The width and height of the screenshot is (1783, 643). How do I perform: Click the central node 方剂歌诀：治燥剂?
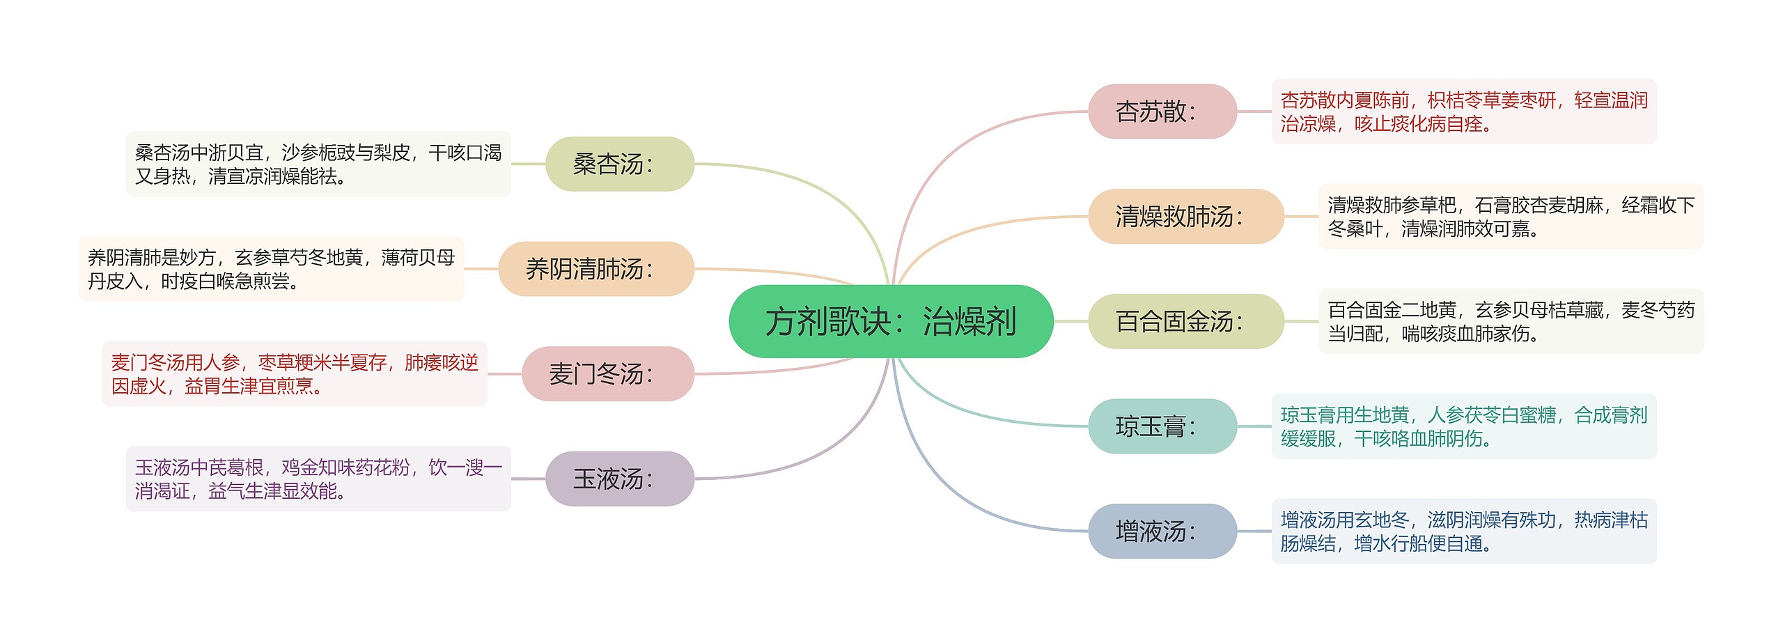click(890, 321)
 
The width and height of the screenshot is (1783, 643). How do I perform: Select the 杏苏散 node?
click(1162, 111)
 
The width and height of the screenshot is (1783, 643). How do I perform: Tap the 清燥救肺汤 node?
click(1185, 216)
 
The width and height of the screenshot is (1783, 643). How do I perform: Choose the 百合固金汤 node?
click(1185, 321)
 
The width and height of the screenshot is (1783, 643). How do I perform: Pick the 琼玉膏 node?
click(1162, 426)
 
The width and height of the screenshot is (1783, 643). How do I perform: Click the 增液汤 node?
click(1162, 531)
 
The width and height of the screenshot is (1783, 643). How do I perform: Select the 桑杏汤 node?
click(619, 164)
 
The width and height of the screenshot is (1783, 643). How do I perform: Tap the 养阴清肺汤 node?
click(596, 269)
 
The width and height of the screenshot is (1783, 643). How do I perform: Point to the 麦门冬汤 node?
click(607, 373)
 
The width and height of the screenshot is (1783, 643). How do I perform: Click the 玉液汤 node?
click(619, 479)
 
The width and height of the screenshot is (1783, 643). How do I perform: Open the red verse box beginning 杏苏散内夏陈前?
click(1463, 111)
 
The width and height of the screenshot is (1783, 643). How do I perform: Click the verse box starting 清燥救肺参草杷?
click(1511, 216)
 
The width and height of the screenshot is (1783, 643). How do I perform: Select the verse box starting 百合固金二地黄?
click(1511, 321)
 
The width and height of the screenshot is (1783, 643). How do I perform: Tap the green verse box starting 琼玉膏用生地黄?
click(1463, 426)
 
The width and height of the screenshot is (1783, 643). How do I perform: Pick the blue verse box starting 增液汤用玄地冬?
click(1463, 531)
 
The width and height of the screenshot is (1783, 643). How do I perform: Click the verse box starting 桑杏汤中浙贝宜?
click(318, 164)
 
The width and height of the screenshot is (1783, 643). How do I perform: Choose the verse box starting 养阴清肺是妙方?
click(271, 269)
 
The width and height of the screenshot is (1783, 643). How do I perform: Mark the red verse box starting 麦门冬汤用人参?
click(295, 373)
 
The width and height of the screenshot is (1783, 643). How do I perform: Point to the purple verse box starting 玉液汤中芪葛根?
click(318, 479)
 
